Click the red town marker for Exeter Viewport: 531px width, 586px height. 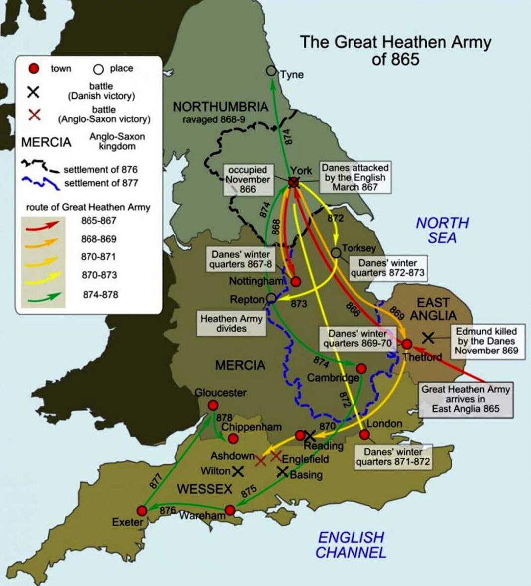click(142, 511)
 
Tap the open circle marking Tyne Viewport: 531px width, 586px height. click(271, 71)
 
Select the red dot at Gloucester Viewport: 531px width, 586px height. click(213, 405)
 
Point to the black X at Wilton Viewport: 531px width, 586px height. click(238, 470)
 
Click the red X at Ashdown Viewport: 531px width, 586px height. click(261, 461)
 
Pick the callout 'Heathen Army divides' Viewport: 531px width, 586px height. click(231, 323)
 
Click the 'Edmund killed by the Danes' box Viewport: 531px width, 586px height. click(486, 341)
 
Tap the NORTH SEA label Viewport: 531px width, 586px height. click(442, 230)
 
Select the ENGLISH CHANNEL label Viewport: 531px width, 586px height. click(351, 545)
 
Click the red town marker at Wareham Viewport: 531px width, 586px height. click(230, 510)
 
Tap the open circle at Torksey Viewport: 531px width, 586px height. click(336, 253)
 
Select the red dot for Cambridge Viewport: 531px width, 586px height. click(361, 368)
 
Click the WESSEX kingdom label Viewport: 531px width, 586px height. click(204, 489)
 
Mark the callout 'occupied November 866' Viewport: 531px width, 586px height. click(247, 179)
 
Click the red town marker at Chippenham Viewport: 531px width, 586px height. click(233, 438)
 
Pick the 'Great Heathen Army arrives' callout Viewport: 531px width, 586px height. click(465, 399)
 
